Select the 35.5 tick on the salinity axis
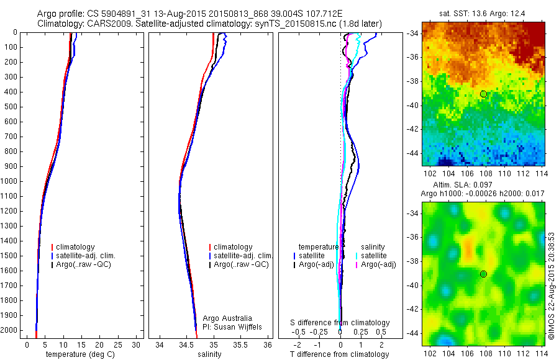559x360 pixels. (x=241, y=344)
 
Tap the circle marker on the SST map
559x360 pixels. (x=483, y=94)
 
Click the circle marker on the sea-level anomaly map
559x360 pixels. (x=483, y=274)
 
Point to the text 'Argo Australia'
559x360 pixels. (x=227, y=318)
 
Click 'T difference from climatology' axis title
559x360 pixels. (x=340, y=354)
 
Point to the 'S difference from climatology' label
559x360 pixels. (x=340, y=323)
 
